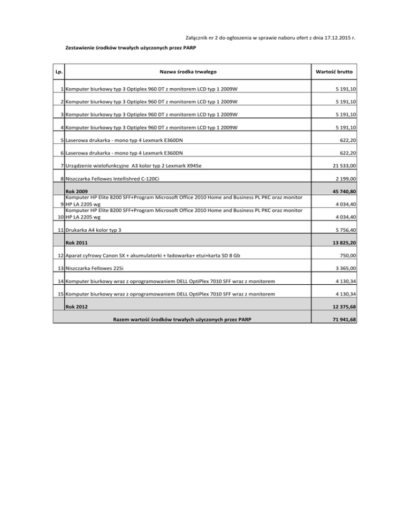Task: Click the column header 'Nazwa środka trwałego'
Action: pyautogui.click(x=188, y=72)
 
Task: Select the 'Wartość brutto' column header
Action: pyautogui.click(x=337, y=72)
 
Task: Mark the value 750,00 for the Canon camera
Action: pyautogui.click(x=348, y=255)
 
